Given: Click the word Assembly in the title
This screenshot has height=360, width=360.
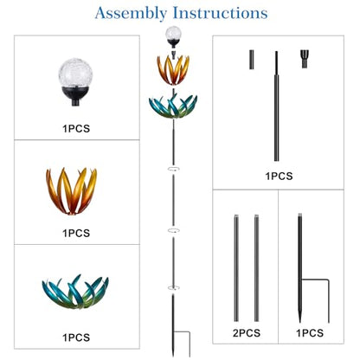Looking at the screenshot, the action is (131, 14).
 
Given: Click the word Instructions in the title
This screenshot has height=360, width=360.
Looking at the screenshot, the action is (220, 13).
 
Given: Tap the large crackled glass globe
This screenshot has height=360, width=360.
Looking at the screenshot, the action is (75, 71).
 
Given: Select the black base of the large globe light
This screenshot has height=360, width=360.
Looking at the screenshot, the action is (75, 96).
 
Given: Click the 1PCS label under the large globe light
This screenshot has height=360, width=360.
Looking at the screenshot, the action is (76, 128).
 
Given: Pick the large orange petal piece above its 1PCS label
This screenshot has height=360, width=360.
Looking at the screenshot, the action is (72, 191).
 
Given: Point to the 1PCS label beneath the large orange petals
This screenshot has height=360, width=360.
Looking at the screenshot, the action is (76, 233).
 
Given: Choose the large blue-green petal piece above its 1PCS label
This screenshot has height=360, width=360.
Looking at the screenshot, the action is (75, 292).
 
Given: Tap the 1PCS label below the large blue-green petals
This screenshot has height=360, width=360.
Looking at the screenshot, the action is (76, 337).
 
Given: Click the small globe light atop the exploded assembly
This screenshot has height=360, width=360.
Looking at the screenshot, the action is (173, 37).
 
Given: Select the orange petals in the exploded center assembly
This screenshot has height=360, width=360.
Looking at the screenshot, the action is (173, 70).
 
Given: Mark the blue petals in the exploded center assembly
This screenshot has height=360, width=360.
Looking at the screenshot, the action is (173, 106).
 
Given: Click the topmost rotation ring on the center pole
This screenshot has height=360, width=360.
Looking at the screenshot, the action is (174, 169).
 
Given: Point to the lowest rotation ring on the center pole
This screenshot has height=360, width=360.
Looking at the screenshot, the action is (174, 287).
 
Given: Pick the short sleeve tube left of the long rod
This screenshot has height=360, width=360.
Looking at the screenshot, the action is (252, 60).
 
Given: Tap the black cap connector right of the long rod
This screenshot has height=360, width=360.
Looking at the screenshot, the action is (305, 59).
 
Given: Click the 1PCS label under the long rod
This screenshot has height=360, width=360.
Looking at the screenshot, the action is (279, 176).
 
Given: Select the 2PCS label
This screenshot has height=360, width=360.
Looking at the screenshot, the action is (247, 333).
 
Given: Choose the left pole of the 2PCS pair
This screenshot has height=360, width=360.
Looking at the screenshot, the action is (236, 268).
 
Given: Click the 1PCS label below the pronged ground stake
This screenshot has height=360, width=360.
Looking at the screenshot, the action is (310, 333).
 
